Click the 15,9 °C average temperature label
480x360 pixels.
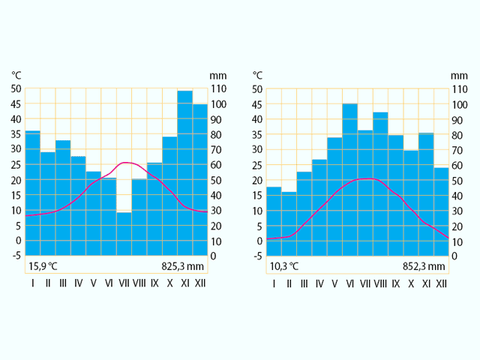pyautogui.click(x=43, y=265)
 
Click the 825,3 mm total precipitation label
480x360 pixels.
pyautogui.click(x=183, y=265)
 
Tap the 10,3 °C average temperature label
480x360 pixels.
pyautogui.click(x=284, y=265)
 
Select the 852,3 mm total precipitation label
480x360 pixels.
pyautogui.click(x=424, y=265)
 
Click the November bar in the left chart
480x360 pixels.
pyautogui.click(x=184, y=172)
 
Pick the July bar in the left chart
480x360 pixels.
pyautogui.click(x=124, y=233)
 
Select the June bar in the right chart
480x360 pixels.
pyautogui.click(x=350, y=180)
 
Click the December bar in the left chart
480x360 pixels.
pyautogui.click(x=200, y=180)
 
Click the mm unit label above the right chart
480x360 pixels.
pyautogui.click(x=459, y=75)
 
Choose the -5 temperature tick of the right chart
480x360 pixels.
pyautogui.click(x=257, y=256)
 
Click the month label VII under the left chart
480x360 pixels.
pyautogui.click(x=124, y=283)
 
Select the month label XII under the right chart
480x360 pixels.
pyautogui.click(x=441, y=283)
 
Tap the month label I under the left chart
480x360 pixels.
pyautogui.click(x=32, y=283)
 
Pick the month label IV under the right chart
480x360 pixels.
pyautogui.click(x=319, y=283)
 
